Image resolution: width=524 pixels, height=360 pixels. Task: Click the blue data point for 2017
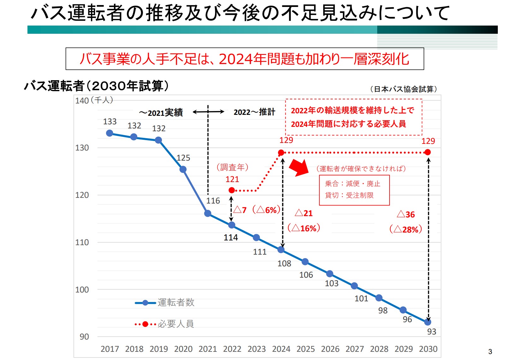110,133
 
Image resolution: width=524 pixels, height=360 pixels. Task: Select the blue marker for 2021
208,214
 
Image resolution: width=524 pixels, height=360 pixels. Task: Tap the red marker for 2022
232,190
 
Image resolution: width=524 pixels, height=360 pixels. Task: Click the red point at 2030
428,152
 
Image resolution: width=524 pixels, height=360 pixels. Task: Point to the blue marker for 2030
428,322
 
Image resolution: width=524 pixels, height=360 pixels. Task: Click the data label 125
183,158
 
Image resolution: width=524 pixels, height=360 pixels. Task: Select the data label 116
213,201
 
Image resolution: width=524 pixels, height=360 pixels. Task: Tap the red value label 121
232,179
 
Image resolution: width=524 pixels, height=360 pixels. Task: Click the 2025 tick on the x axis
306,349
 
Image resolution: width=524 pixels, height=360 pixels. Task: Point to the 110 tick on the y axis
82,242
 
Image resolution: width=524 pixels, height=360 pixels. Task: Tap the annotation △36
406,215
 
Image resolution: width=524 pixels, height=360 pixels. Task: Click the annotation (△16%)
304,228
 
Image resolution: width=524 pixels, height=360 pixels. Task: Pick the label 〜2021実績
161,113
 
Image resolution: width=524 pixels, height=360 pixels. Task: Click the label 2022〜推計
254,112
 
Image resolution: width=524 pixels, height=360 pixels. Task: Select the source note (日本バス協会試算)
403,89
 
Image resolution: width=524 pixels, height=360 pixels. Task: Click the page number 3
490,351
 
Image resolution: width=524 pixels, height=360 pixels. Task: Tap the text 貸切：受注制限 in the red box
349,195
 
